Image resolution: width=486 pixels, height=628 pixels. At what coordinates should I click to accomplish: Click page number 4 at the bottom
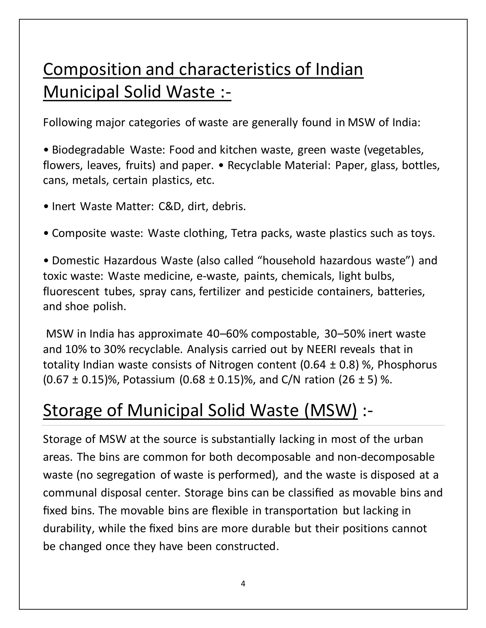point(243,583)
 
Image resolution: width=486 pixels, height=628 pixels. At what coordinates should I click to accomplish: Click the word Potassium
point(149,380)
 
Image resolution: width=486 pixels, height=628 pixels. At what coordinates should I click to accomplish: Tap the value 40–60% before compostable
point(227,334)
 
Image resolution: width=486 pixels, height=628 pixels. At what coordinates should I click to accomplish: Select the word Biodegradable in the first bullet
point(88,150)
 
